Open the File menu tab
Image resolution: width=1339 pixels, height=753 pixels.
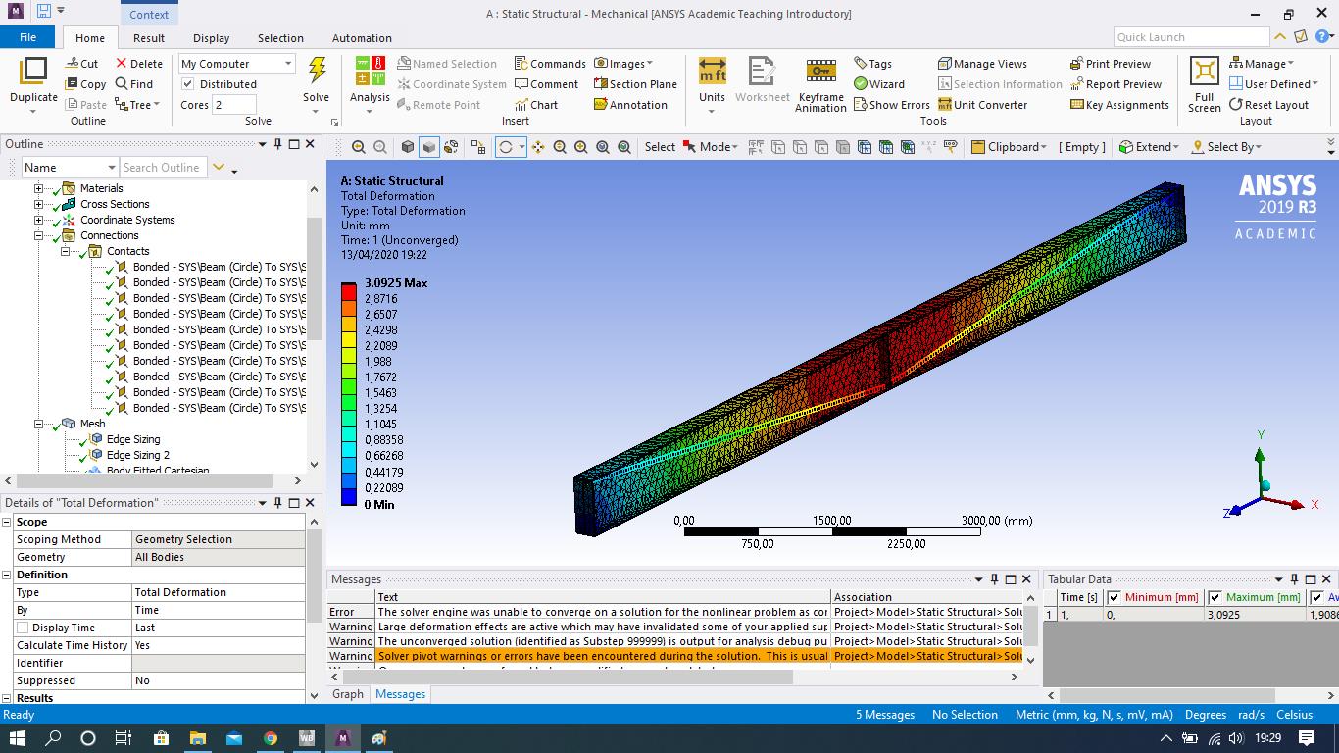coord(28,37)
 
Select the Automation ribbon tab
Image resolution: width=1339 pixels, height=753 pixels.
coord(362,38)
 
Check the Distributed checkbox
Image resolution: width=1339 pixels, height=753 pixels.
coord(188,84)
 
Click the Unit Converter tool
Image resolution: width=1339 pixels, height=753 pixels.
coord(982,105)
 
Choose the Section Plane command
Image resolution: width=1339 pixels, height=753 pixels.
coord(635,84)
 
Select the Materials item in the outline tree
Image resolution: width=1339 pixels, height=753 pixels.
coord(101,188)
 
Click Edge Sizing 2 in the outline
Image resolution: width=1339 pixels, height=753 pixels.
coord(137,455)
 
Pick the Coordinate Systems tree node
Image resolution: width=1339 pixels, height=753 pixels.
coord(127,220)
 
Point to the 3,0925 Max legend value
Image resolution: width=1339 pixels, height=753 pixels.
coord(395,283)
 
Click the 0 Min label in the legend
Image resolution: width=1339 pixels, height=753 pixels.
coord(378,505)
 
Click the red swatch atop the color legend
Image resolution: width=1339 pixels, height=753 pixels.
coord(349,291)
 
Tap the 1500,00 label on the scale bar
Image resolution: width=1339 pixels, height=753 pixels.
coord(831,521)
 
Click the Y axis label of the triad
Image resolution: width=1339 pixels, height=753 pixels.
coord(1261,434)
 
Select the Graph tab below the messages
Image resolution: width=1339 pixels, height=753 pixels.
coord(348,694)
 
